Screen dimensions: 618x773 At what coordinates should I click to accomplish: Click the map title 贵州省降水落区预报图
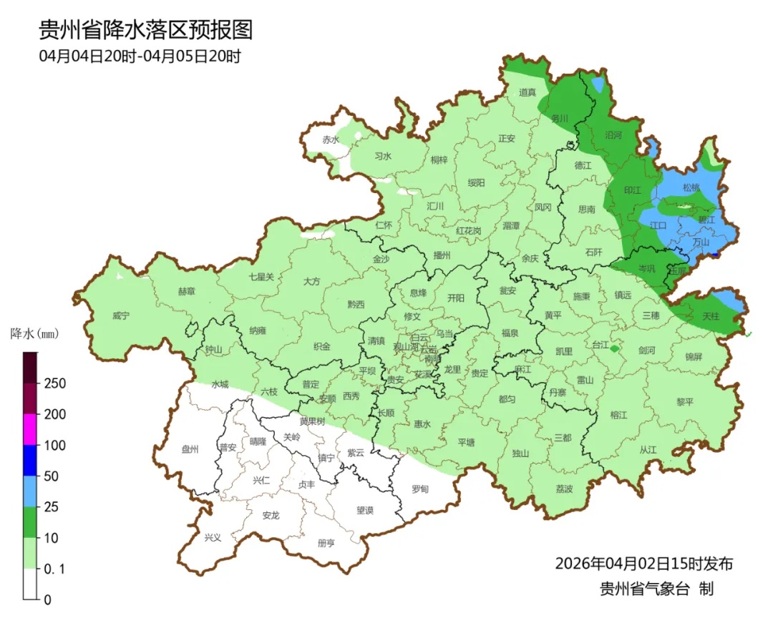tap(145, 30)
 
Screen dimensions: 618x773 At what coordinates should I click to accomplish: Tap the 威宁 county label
tap(122, 315)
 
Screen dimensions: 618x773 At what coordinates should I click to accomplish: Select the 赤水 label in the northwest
tap(330, 139)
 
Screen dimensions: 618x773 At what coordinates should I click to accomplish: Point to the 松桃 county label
tap(691, 187)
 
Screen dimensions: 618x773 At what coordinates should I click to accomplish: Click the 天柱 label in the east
tap(710, 315)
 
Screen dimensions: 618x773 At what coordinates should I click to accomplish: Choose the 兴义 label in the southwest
tap(213, 538)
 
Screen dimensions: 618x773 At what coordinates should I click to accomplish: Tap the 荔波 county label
tap(564, 489)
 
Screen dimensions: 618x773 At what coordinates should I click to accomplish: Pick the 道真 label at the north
tap(528, 92)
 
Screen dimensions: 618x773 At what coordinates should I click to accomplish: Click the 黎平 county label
tap(685, 402)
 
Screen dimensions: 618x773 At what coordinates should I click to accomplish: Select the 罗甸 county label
tap(420, 489)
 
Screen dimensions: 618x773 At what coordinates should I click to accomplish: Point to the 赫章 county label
tap(186, 291)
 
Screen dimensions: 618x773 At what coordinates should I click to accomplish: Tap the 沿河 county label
tap(613, 134)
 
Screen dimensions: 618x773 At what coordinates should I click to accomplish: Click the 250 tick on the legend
tap(55, 383)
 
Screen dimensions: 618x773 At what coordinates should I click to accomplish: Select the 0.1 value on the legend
tap(55, 569)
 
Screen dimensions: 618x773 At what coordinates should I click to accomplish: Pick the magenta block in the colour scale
tap(30, 429)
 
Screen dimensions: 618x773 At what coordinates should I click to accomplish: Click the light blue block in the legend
tap(30, 491)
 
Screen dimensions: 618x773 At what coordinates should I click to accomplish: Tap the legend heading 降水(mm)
tap(34, 333)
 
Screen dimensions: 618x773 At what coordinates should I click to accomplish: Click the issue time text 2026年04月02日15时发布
tap(643, 564)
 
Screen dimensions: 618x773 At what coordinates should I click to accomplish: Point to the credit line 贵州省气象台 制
tap(656, 589)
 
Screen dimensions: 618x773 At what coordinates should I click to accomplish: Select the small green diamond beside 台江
tap(614, 348)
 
